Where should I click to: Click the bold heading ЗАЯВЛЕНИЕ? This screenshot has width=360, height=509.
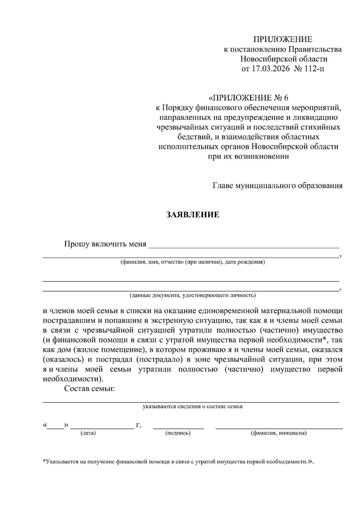click(x=193, y=215)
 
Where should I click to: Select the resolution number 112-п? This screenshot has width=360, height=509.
click(x=314, y=69)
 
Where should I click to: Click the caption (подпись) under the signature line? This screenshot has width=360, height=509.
click(x=178, y=433)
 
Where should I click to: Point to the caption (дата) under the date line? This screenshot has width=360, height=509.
click(x=88, y=433)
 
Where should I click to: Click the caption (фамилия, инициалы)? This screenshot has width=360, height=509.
click(x=279, y=433)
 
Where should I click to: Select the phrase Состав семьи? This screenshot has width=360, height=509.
click(x=90, y=389)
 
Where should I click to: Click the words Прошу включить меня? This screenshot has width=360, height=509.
click(x=105, y=244)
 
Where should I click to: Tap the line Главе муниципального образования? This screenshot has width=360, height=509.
click(x=277, y=186)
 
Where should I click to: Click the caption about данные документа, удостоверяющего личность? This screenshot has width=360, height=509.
click(x=193, y=295)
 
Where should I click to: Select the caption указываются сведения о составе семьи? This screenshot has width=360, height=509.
click(x=193, y=407)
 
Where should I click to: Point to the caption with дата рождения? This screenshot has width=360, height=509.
click(x=193, y=262)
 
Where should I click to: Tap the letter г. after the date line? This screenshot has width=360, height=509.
click(x=138, y=425)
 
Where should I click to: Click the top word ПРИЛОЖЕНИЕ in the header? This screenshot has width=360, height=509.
click(x=283, y=39)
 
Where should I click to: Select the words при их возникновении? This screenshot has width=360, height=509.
click(x=248, y=156)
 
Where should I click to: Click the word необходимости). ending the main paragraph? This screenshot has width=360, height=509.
click(x=73, y=379)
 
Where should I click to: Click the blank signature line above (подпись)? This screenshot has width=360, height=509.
click(x=178, y=427)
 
